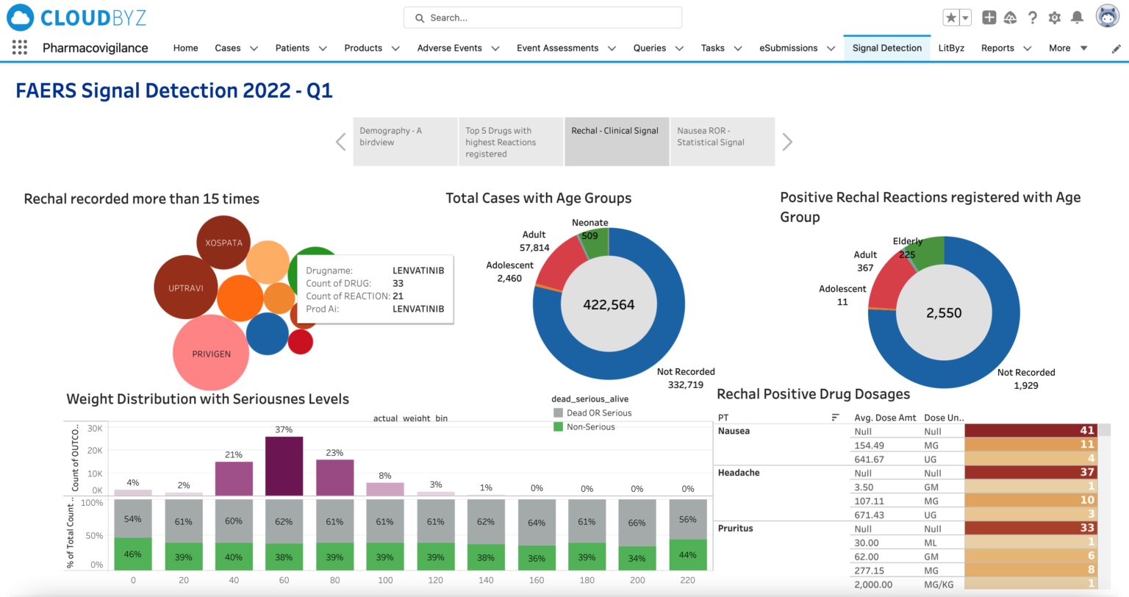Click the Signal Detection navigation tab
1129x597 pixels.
(886, 48)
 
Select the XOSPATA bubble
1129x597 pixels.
(223, 243)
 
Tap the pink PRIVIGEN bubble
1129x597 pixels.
(211, 354)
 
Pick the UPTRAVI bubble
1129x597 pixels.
(185, 287)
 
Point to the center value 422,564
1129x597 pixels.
(609, 304)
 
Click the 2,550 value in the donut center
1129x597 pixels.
(944, 312)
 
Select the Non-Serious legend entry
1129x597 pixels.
(590, 426)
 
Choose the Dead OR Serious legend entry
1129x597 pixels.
(598, 413)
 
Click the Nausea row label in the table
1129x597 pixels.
(734, 431)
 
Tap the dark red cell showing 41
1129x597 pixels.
(1036, 431)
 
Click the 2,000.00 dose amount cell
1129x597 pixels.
(873, 585)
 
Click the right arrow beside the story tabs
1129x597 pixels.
(787, 142)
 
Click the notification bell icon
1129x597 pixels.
(1077, 18)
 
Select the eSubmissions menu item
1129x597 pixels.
(788, 48)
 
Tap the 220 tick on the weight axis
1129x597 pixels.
(687, 580)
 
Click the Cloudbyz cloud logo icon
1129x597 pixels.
(20, 18)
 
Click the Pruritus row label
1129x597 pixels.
(735, 529)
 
